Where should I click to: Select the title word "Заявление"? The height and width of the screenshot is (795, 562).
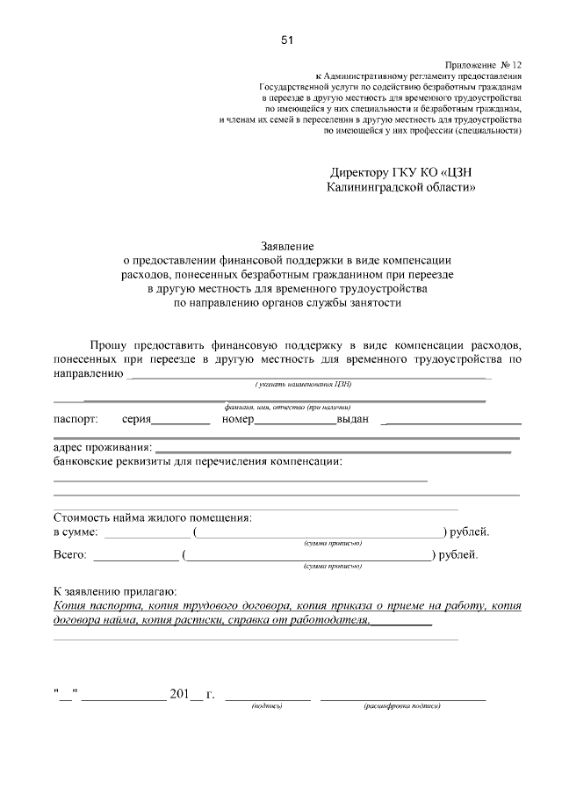pos(287,246)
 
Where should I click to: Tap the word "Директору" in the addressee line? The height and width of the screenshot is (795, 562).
pos(363,171)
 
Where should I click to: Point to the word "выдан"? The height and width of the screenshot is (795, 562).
pos(353,420)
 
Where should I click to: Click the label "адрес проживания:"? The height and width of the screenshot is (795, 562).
pos(103,448)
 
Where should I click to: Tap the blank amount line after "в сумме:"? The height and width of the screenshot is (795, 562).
pos(147,534)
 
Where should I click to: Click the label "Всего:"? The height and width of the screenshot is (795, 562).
pos(70,555)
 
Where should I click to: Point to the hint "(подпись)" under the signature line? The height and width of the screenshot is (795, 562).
pos(266,705)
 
